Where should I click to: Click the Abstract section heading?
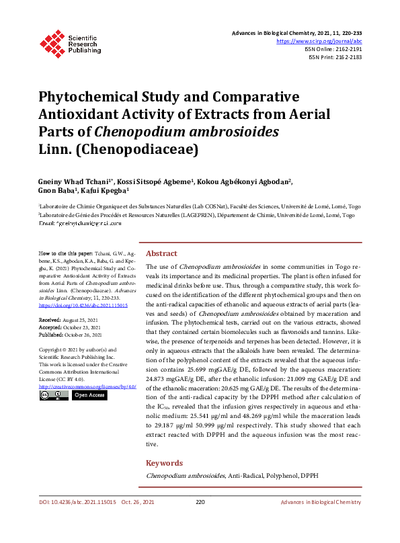[x=161, y=253]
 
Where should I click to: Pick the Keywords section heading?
[x=164, y=463]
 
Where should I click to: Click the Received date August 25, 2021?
[x=81, y=321]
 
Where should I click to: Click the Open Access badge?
[x=89, y=395]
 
